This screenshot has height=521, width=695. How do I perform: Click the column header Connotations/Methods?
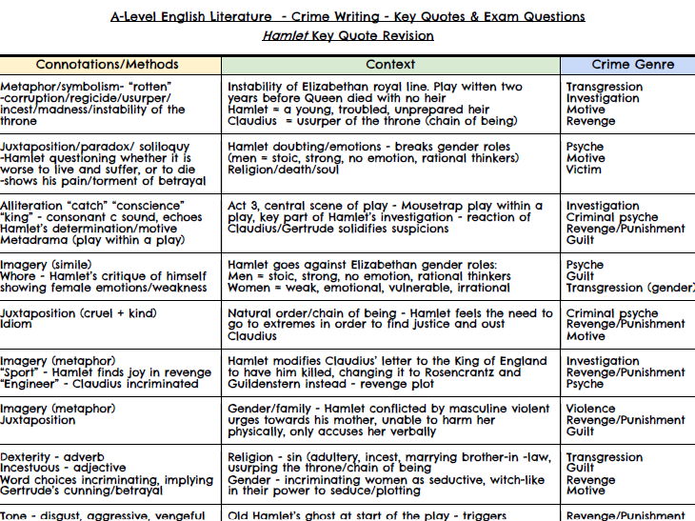[107, 65]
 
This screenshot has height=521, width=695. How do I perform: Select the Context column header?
[390, 65]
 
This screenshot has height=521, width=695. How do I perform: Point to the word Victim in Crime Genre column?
[584, 170]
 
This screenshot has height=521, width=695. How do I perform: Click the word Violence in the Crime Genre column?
[590, 409]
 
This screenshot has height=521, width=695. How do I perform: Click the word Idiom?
[16, 325]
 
